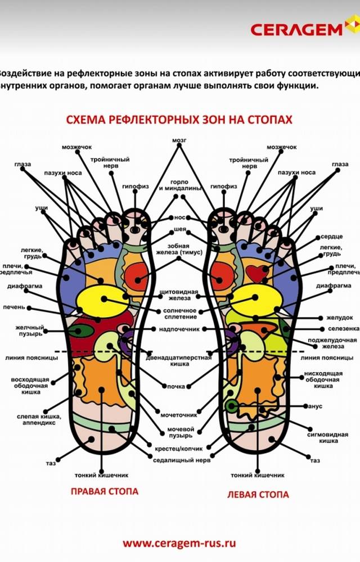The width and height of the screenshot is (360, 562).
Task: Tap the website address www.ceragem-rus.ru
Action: (179, 543)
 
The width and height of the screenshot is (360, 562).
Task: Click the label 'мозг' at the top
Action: (179, 139)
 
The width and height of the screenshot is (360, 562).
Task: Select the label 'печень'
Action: (15, 308)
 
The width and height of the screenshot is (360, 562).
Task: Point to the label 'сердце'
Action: (331, 237)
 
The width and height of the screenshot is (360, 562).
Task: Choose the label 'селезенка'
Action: (341, 329)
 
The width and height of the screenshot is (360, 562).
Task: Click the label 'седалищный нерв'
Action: (174, 460)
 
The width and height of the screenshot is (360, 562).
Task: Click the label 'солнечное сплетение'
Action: (180, 312)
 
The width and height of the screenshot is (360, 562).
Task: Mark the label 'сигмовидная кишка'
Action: (322, 438)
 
